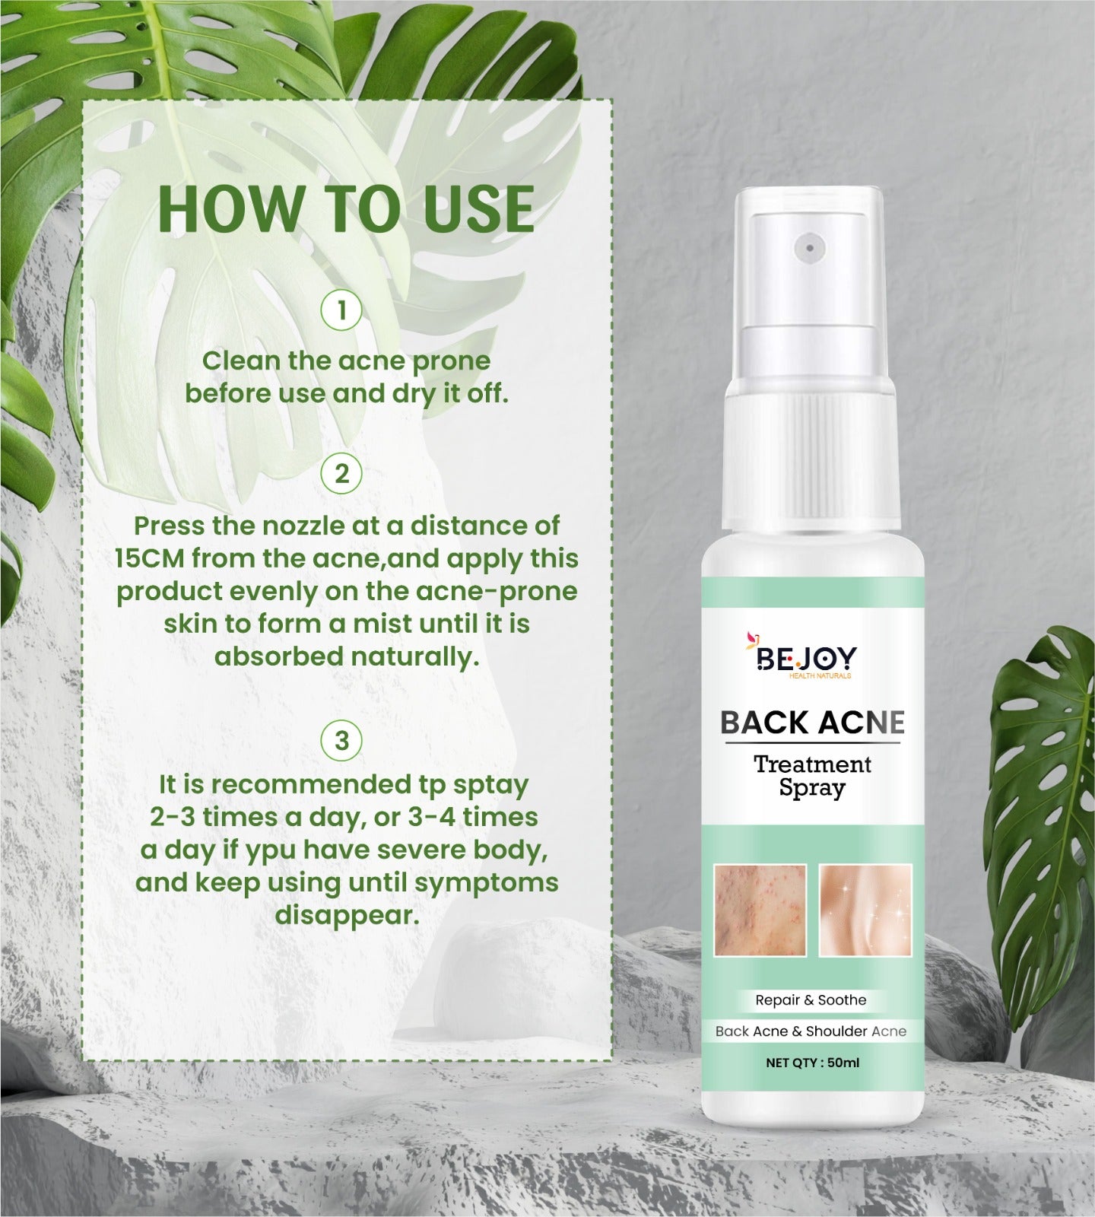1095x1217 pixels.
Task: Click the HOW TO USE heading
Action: pos(346,208)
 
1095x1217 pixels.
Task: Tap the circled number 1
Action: pos(341,310)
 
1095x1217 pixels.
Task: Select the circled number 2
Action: pos(341,474)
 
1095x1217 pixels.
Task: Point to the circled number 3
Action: pos(341,740)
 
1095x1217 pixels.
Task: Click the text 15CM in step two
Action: pos(150,558)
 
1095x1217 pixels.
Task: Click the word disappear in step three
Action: pos(347,915)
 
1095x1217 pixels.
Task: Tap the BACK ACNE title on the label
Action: pos(812,723)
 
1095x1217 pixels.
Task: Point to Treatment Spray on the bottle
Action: pos(812,776)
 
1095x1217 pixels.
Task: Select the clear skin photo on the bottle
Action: pos(865,910)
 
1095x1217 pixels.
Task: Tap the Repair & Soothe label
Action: pos(811,1000)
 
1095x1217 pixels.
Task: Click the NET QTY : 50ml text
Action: pos(812,1063)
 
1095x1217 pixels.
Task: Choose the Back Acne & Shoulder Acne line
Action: pos(811,1031)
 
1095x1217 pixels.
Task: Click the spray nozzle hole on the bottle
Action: pos(811,246)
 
